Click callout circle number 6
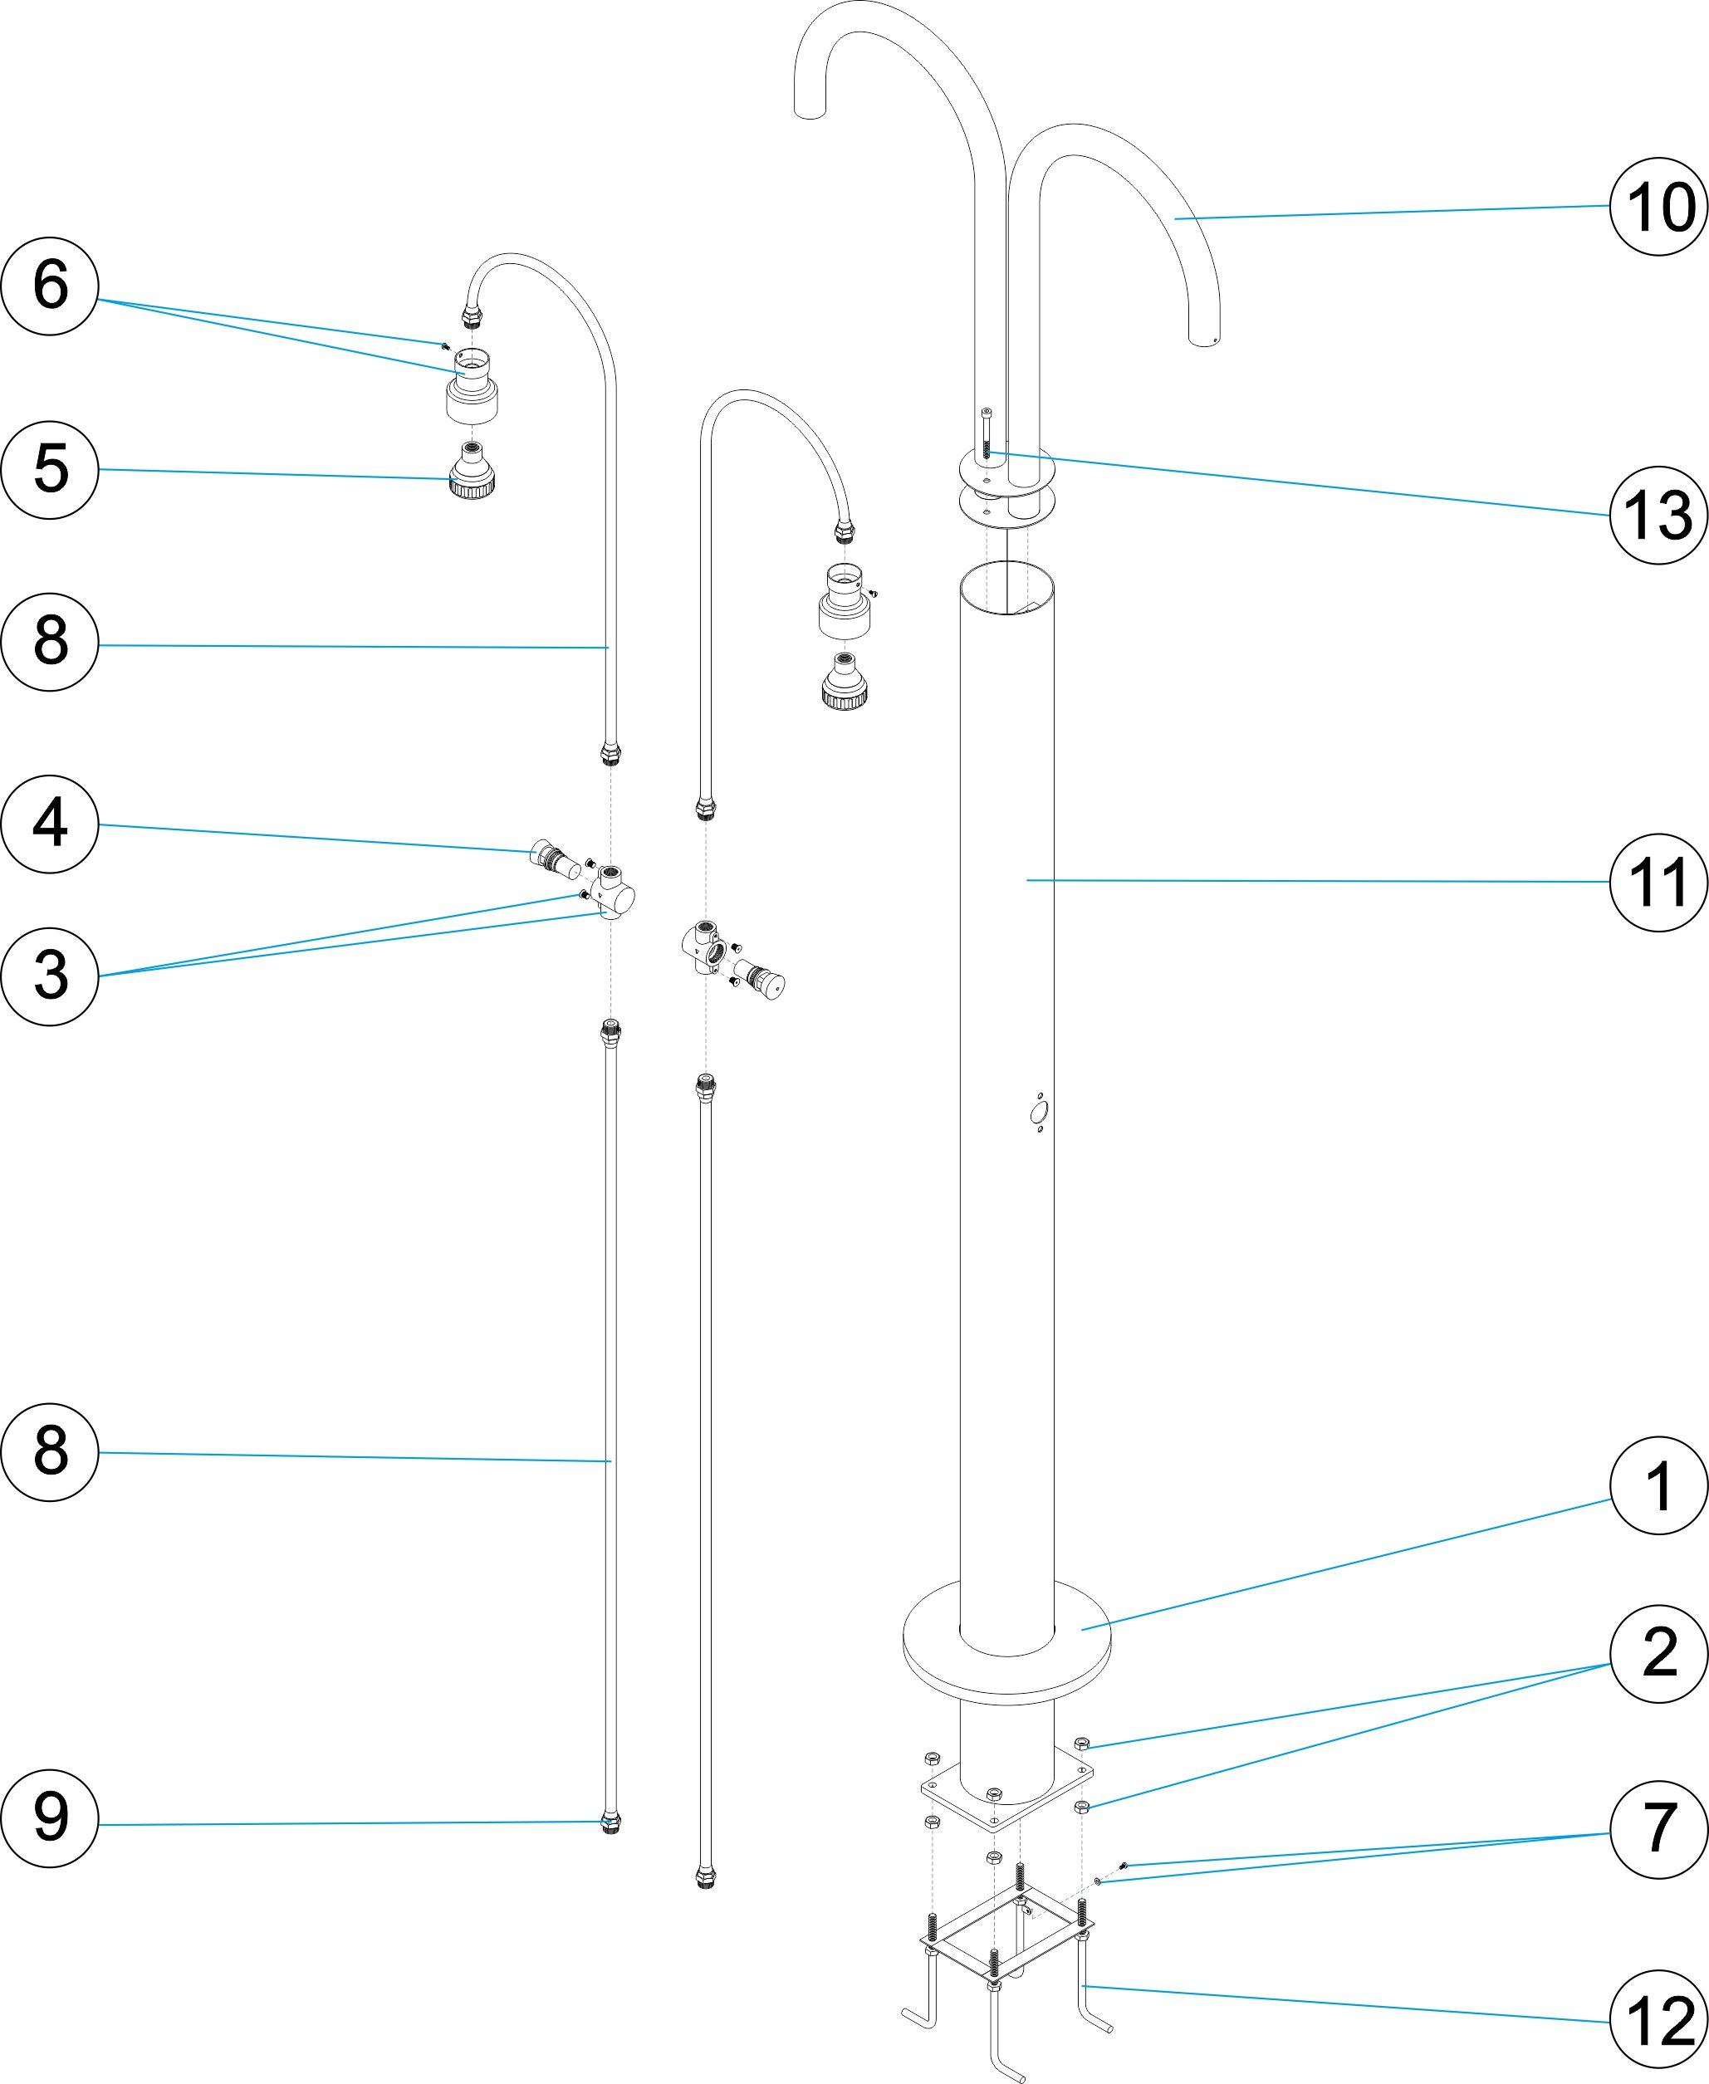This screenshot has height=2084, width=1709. pos(50,286)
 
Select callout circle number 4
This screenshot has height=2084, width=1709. pos(50,824)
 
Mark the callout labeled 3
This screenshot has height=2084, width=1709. pos(50,976)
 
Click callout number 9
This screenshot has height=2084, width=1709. pos(50,1818)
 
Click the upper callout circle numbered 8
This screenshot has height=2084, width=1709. pos(50,641)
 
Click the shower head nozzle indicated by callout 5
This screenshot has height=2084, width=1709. pos(473,471)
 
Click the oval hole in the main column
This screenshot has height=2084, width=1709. pos(1038,1113)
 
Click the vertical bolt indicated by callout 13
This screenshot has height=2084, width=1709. pos(987,433)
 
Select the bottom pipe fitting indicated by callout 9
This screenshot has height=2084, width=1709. pos(611,1823)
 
